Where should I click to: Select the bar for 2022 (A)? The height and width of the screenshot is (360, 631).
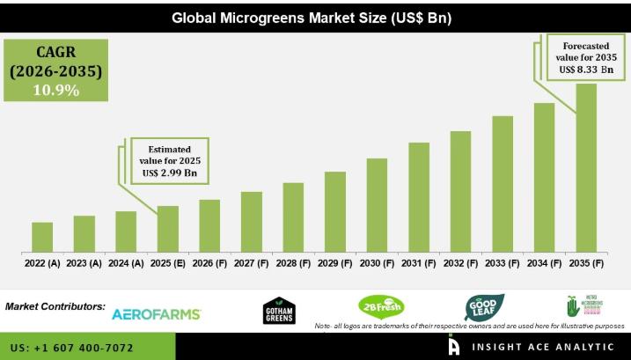click(x=42, y=235)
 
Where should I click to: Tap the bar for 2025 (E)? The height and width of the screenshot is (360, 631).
click(x=167, y=227)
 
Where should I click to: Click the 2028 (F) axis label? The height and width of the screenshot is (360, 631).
click(x=293, y=262)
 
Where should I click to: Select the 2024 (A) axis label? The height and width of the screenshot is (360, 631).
click(x=126, y=262)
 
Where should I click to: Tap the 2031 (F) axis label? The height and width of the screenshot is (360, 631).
click(x=419, y=262)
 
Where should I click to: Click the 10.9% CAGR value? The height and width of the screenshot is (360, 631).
click(x=57, y=90)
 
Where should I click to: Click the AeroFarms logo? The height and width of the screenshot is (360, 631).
click(x=157, y=314)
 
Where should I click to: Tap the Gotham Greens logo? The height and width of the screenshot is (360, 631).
click(x=279, y=311)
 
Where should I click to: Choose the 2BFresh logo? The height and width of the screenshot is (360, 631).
click(x=381, y=307)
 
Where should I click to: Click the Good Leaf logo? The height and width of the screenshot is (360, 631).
click(x=485, y=307)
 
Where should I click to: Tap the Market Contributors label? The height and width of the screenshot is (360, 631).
click(x=55, y=307)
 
